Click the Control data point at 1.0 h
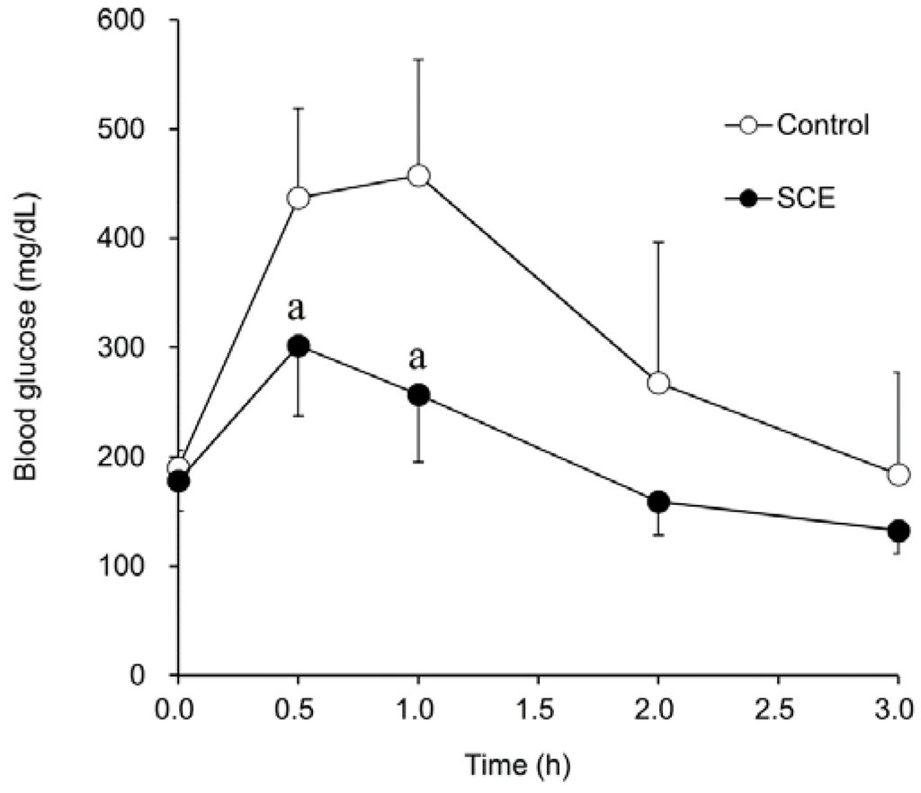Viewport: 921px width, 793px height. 418,176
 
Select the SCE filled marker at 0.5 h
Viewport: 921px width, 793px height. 298,346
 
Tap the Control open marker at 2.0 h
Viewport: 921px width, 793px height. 658,383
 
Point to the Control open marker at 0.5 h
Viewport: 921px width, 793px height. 298,198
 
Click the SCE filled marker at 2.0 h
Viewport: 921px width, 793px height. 658,501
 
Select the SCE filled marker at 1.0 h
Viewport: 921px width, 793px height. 418,395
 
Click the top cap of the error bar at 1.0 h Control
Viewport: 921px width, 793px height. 418,59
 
